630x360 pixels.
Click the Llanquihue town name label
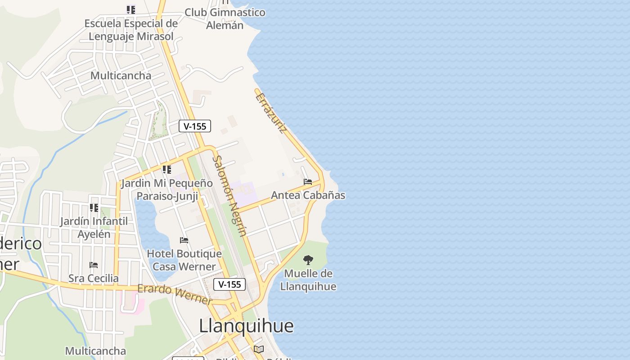pos(246,326)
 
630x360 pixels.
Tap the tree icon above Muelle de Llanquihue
pos(308,260)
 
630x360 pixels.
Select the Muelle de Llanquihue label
pos(308,280)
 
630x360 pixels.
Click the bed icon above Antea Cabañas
pos(308,182)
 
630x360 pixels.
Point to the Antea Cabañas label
pos(308,195)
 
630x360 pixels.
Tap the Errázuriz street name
pos(271,112)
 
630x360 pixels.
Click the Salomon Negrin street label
pos(229,196)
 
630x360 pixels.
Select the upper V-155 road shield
pos(195,126)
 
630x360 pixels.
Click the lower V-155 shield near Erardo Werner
pos(229,284)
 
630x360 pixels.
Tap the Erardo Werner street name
pos(175,294)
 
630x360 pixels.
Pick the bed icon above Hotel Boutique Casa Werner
pos(184,240)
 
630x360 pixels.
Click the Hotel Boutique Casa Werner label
pos(184,260)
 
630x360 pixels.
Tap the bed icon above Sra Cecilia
pos(94,265)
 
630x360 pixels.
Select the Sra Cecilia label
pos(94,278)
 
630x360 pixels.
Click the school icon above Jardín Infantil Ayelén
pos(94,207)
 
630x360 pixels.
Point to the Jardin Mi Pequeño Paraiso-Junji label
pos(167,189)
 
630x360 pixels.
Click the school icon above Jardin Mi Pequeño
pos(167,170)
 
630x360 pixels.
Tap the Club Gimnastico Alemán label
pos(225,18)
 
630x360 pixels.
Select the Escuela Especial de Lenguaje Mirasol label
pos(131,30)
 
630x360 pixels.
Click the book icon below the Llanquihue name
pos(258,349)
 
